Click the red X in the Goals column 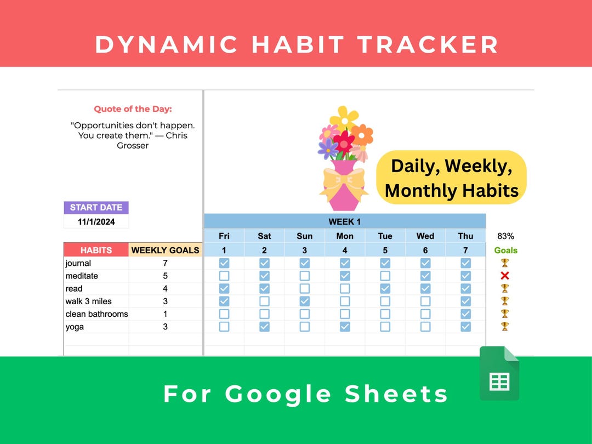pyautogui.click(x=505, y=276)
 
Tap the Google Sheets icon pyautogui.click(x=499, y=373)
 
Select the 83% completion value pyautogui.click(x=505, y=236)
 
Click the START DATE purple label pyautogui.click(x=96, y=208)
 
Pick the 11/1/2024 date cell pyautogui.click(x=96, y=222)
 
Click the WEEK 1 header pyautogui.click(x=344, y=221)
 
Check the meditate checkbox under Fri pyautogui.click(x=224, y=276)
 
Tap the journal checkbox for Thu pyautogui.click(x=465, y=263)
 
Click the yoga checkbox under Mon pyautogui.click(x=345, y=327)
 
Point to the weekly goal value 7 pyautogui.click(x=165, y=263)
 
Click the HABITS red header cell pyautogui.click(x=96, y=250)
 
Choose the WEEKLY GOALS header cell pyautogui.click(x=165, y=250)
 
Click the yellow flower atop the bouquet pyautogui.click(x=344, y=117)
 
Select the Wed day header pyautogui.click(x=425, y=236)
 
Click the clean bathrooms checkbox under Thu pyautogui.click(x=465, y=314)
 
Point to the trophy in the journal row pyautogui.click(x=505, y=263)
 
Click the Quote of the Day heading pyautogui.click(x=133, y=109)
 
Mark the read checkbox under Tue pyautogui.click(x=385, y=288)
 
